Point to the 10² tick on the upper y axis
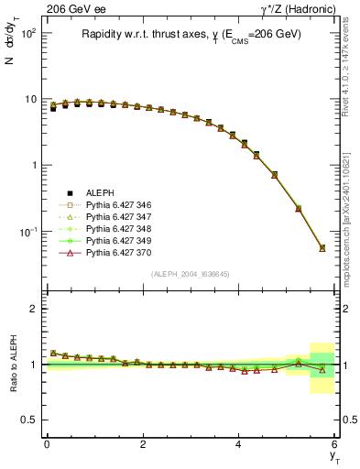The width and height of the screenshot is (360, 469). click(x=28, y=33)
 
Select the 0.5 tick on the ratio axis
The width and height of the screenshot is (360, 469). click(x=30, y=420)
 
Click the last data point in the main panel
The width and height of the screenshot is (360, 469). click(x=322, y=247)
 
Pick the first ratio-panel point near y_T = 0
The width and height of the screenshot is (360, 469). click(x=53, y=353)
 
